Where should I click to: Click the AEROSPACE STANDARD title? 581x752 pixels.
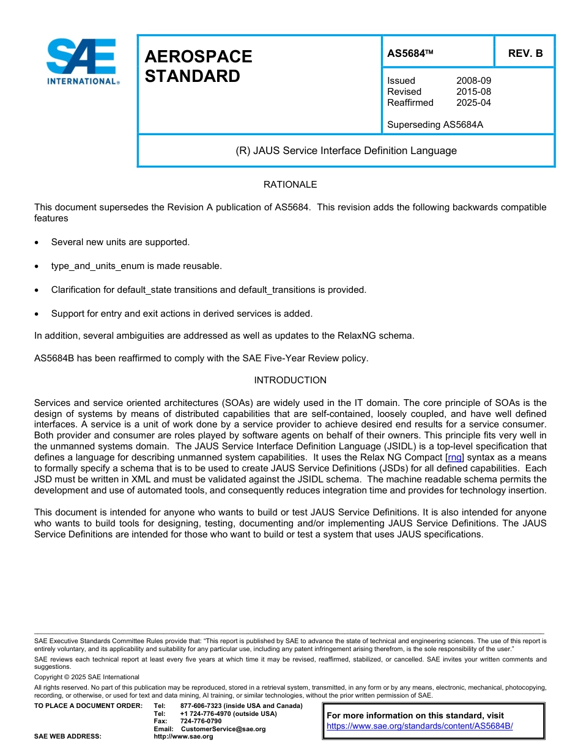pos(198,66)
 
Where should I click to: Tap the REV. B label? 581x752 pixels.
pos(525,53)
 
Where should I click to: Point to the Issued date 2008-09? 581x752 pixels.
pos(473,81)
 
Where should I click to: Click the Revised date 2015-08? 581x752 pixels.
pos(473,92)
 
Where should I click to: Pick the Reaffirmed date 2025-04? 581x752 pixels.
pos(473,103)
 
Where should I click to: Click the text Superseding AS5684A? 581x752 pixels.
pos(435,125)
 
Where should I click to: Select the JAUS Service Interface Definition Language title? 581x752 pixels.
pos(346,150)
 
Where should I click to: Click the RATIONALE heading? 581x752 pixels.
pos(290,184)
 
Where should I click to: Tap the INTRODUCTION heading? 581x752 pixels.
pos(290,380)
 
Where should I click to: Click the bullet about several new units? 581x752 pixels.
pos(120,242)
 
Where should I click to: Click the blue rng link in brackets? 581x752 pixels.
pos(455,457)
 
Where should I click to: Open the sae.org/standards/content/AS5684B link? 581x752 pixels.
pos(420,726)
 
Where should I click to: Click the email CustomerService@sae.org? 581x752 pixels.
pos(223,729)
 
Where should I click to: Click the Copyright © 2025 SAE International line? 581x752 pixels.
pos(87,677)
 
